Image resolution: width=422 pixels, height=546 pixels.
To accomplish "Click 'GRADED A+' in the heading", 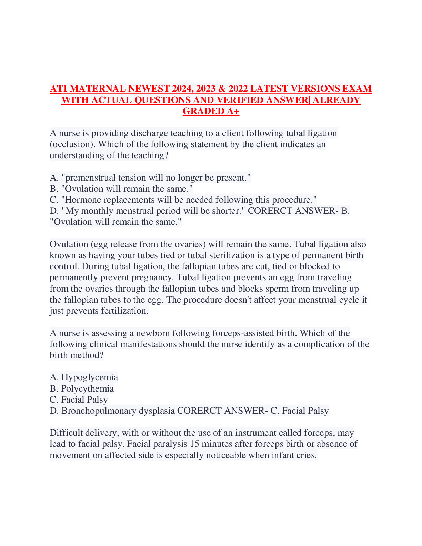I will click(x=211, y=111).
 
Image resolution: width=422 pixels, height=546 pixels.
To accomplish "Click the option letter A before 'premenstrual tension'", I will click(x=53, y=178).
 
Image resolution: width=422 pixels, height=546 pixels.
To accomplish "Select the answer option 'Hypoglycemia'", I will click(x=89, y=377).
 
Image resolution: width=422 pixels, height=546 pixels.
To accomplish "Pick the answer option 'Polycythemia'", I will click(x=87, y=388).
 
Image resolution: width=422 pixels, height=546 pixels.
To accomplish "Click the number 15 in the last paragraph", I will click(x=194, y=444).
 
